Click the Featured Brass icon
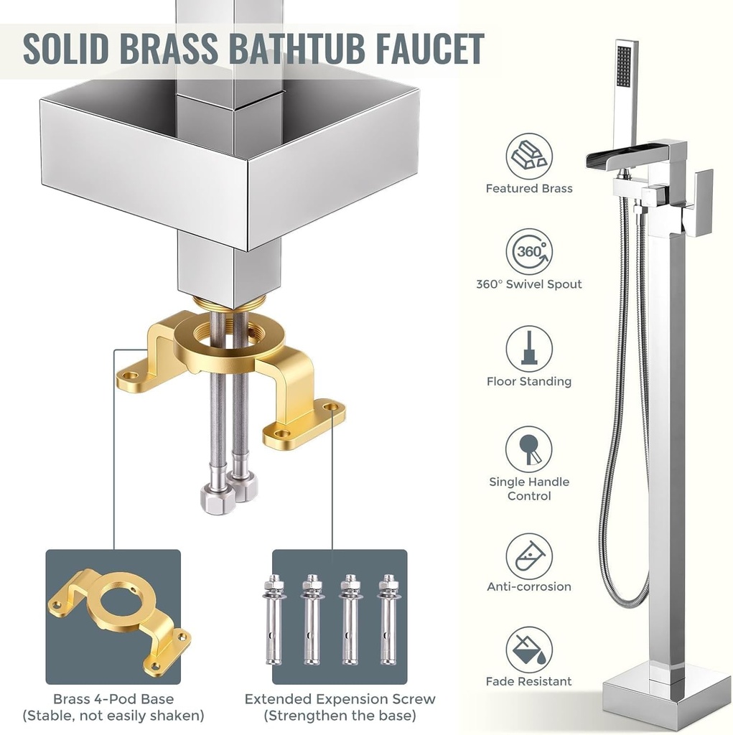[529, 156]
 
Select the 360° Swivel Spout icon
[529, 252]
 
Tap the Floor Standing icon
[529, 349]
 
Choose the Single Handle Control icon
[529, 449]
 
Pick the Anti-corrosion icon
[529, 556]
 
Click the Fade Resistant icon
[529, 650]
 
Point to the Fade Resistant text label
[529, 681]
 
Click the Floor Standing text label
[529, 381]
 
